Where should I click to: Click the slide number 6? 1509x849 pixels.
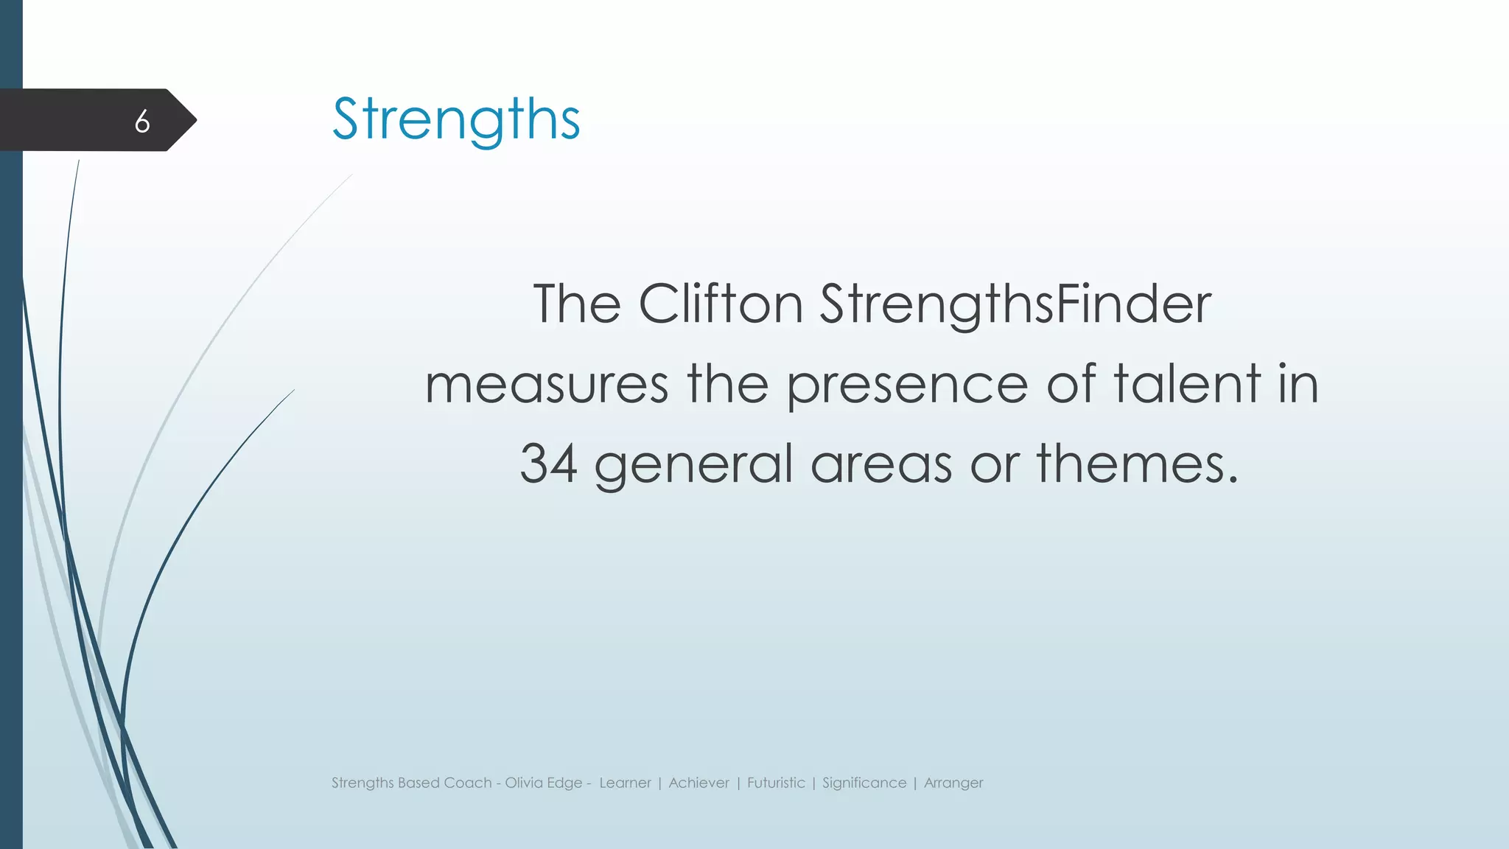pos(142,121)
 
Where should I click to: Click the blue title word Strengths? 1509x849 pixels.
pos(456,119)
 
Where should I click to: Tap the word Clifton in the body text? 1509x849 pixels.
pos(720,304)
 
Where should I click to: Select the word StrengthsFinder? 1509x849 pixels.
pos(1015,305)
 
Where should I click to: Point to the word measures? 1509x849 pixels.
pos(547,385)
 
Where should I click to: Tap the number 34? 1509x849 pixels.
pos(548,464)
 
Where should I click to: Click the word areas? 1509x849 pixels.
pos(881,465)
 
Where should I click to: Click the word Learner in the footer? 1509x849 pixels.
pos(625,783)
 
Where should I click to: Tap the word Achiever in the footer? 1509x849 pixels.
pos(699,783)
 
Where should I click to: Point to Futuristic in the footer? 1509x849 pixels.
pos(776,783)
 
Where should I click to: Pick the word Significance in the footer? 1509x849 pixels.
pos(864,783)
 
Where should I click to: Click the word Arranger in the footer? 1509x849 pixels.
pos(953,783)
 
